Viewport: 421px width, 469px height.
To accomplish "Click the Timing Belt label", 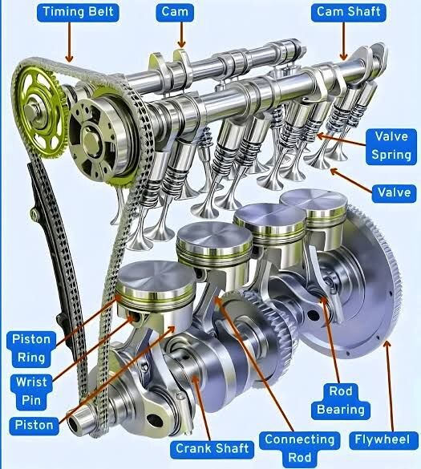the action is point(78,12).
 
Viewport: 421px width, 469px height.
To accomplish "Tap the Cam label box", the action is point(175,12).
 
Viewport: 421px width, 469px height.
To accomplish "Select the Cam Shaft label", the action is point(348,12).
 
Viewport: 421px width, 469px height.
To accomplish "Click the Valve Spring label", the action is point(391,147).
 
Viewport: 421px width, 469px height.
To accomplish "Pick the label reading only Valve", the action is point(394,193).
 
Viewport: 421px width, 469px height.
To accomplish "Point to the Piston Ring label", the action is point(31,349).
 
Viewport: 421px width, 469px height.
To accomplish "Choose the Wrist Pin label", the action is point(31,391).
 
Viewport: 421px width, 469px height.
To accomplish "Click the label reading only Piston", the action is point(34,426).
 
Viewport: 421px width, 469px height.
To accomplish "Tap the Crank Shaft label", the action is point(212,449).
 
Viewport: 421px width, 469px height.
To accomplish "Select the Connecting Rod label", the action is point(300,449).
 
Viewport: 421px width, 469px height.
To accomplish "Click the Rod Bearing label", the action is point(341,401).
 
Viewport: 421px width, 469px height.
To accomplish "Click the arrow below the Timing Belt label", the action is point(69,42).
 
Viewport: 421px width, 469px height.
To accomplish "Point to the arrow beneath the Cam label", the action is point(181,35).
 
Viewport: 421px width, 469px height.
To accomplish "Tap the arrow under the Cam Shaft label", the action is point(343,41).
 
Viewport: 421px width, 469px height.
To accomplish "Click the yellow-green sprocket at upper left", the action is point(39,112).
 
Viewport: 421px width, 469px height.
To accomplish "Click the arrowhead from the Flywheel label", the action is point(387,345).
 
